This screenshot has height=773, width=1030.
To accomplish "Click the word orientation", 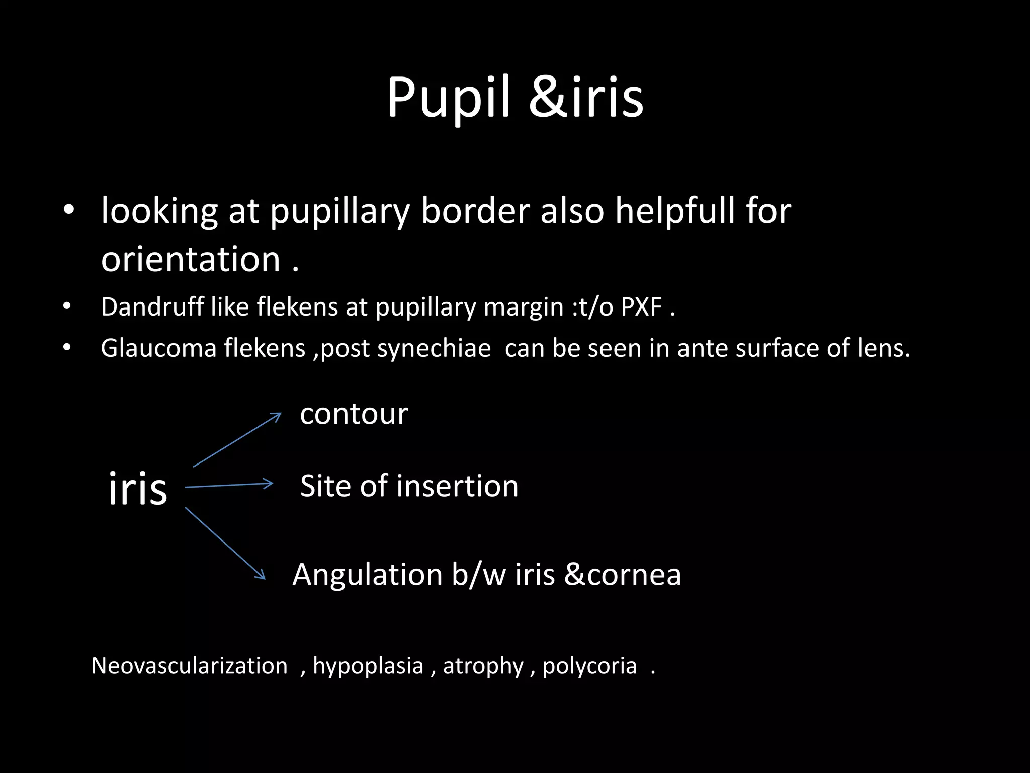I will [x=191, y=260].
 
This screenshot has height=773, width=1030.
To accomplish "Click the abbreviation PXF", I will [x=641, y=306].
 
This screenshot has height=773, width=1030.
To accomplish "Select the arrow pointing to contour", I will [x=237, y=440].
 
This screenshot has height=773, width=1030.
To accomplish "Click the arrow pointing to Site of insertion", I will [x=229, y=485].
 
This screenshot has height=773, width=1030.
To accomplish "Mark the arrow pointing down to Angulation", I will [x=225, y=543].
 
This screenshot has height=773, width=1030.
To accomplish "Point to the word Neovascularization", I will [x=190, y=666].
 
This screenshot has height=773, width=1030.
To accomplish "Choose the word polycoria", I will [x=589, y=666].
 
